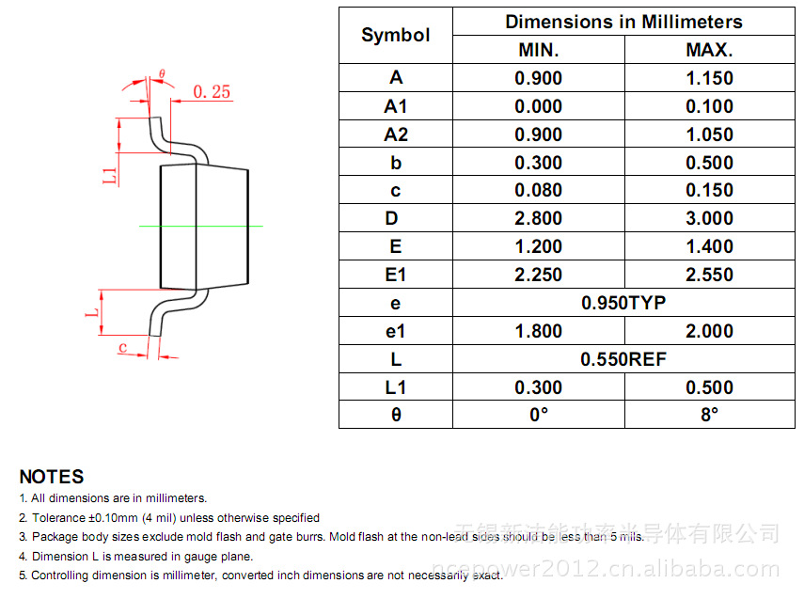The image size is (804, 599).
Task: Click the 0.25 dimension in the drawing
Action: (x=212, y=91)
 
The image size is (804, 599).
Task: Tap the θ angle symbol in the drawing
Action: (x=162, y=73)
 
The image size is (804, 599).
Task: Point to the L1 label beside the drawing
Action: (x=110, y=173)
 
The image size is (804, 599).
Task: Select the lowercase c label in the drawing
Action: (x=122, y=347)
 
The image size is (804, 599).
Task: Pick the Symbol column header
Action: (x=395, y=36)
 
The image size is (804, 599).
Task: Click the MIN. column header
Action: (x=538, y=50)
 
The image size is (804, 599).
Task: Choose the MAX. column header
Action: (x=709, y=50)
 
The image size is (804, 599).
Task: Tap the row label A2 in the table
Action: (x=395, y=134)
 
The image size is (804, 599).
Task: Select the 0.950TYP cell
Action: (x=623, y=303)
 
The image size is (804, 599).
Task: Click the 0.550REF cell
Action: (x=623, y=359)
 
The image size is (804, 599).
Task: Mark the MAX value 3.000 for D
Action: (x=709, y=218)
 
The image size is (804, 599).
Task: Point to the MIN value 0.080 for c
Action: (x=538, y=190)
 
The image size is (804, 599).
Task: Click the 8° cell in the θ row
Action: (x=709, y=415)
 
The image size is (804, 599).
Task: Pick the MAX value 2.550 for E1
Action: (x=709, y=275)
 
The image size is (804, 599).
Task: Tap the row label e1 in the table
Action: (x=395, y=331)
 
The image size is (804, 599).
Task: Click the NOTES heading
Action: (x=52, y=477)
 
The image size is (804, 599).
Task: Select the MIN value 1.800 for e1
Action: (x=538, y=331)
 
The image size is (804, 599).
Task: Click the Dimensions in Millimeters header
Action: (x=623, y=22)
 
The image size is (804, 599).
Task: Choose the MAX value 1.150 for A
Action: (x=709, y=78)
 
